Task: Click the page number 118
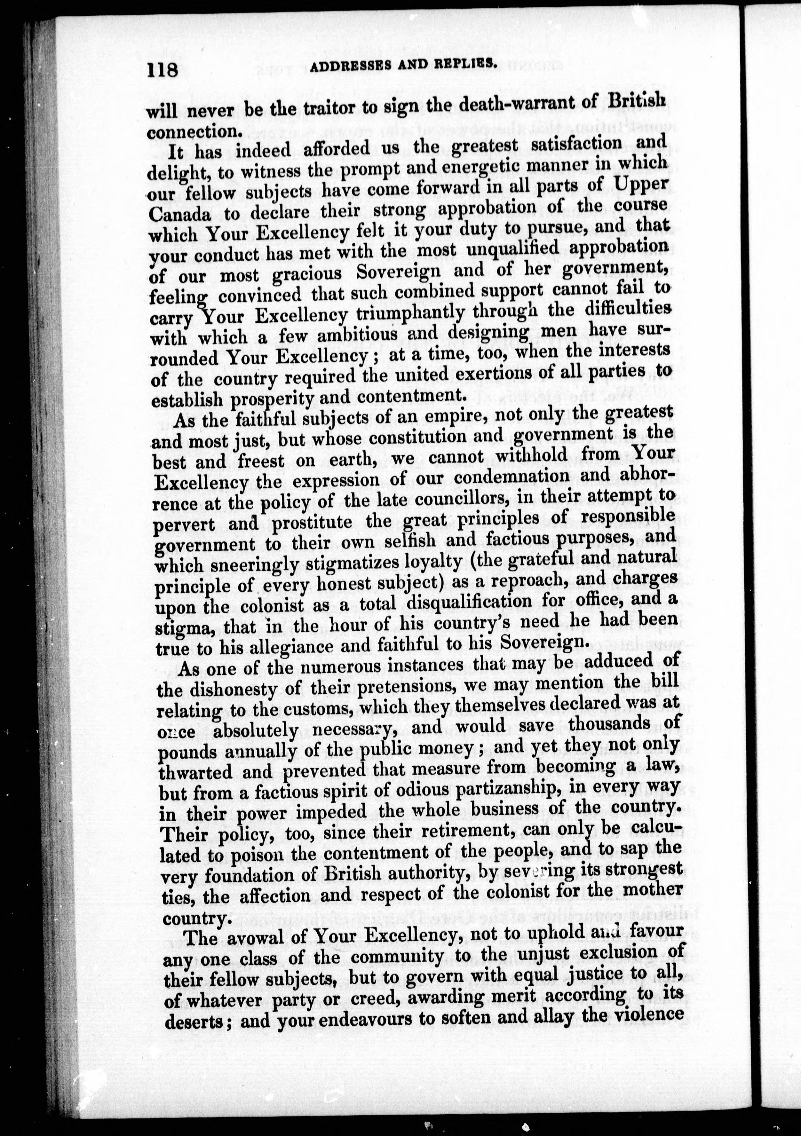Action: pyautogui.click(x=162, y=70)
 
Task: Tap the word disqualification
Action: pyautogui.click(x=487, y=603)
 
